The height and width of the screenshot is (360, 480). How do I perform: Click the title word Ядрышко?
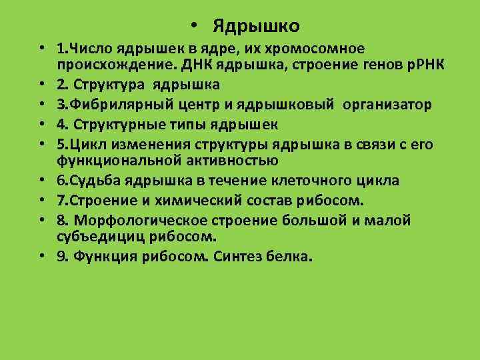[x=257, y=27]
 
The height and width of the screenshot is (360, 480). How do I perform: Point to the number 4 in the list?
[x=61, y=124]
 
